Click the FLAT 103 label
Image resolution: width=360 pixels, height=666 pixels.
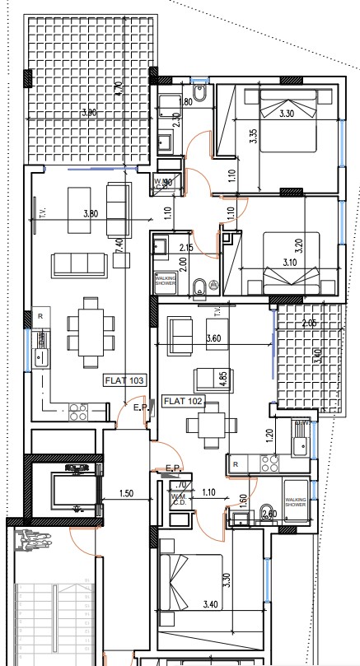pos(124,380)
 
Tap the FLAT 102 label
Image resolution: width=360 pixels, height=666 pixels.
pos(183,402)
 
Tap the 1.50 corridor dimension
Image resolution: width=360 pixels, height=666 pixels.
pos(126,493)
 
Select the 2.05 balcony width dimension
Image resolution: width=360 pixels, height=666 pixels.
pos(310,324)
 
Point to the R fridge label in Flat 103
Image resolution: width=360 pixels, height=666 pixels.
pos(40,316)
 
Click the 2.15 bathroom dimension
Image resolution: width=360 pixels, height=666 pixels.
pos(186,248)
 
